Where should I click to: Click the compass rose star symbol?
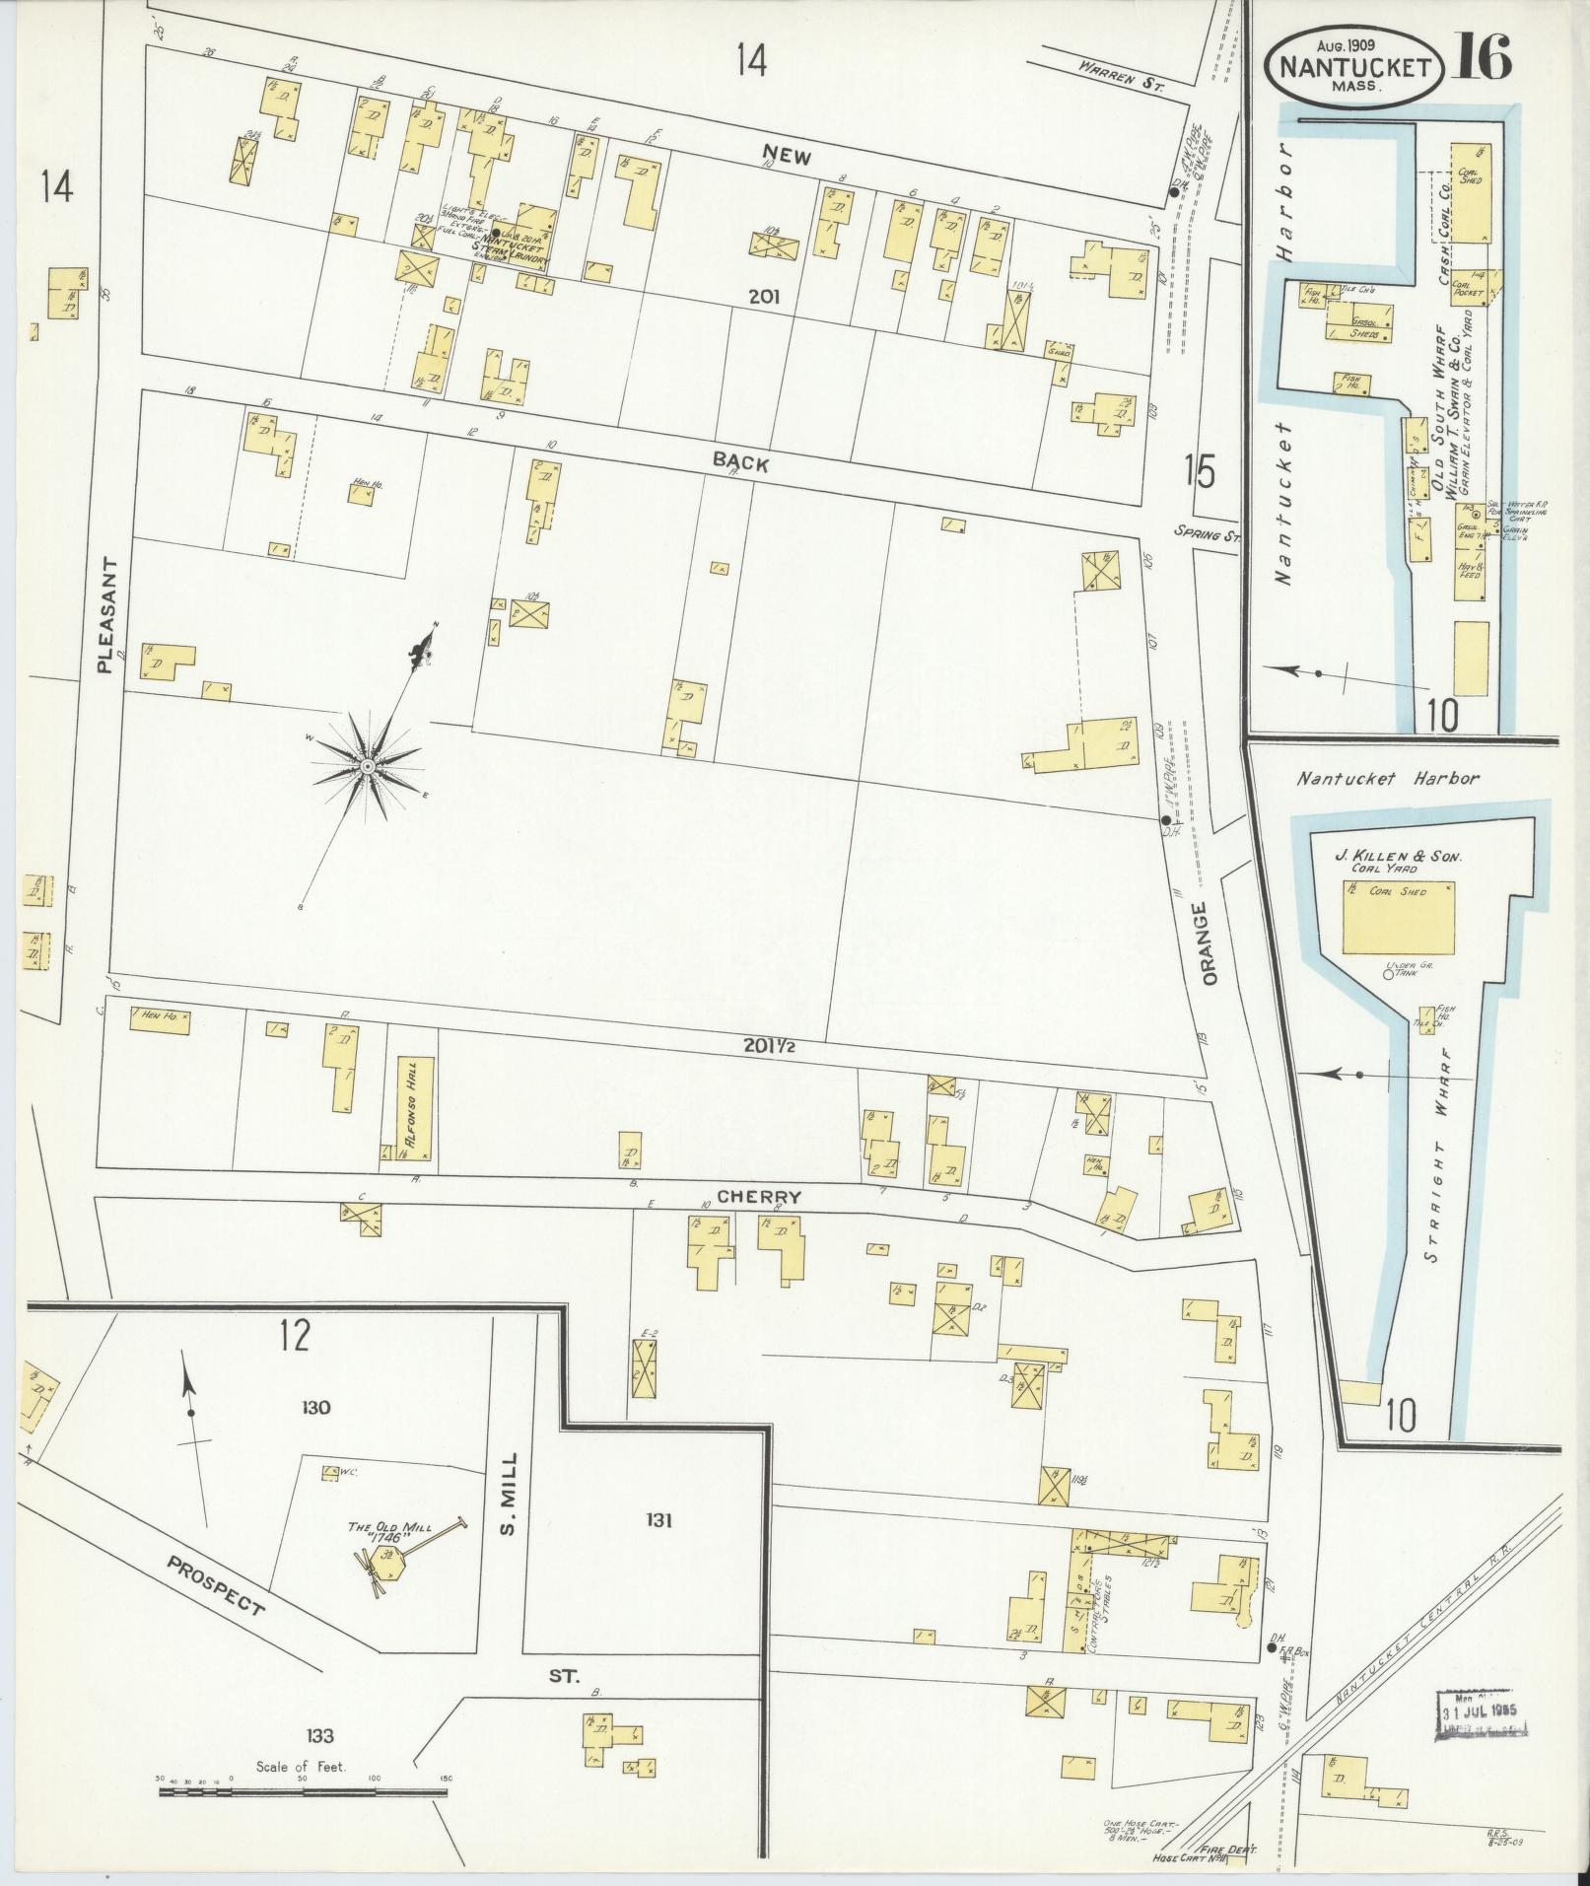click(x=366, y=766)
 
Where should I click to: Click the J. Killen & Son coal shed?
click(x=1399, y=917)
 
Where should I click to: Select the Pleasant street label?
click(x=107, y=613)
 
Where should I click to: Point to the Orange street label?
click(x=1210, y=939)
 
